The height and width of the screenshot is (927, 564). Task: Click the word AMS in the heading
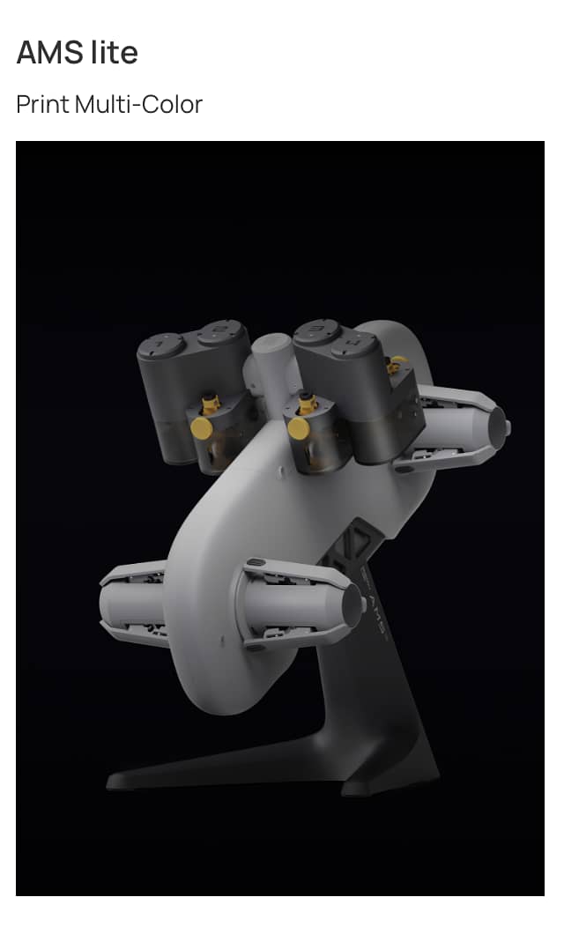pos(50,53)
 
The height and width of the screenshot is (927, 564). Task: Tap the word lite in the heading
pos(115,52)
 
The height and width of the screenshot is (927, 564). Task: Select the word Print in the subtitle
pos(42,105)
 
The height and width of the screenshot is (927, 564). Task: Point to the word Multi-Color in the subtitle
pos(139,105)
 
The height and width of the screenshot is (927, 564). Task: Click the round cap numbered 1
pos(161,345)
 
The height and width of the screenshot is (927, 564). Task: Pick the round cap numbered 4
pos(354,344)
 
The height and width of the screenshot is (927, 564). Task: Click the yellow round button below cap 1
pos(202,427)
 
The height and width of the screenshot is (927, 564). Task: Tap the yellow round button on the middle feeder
pos(300,428)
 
